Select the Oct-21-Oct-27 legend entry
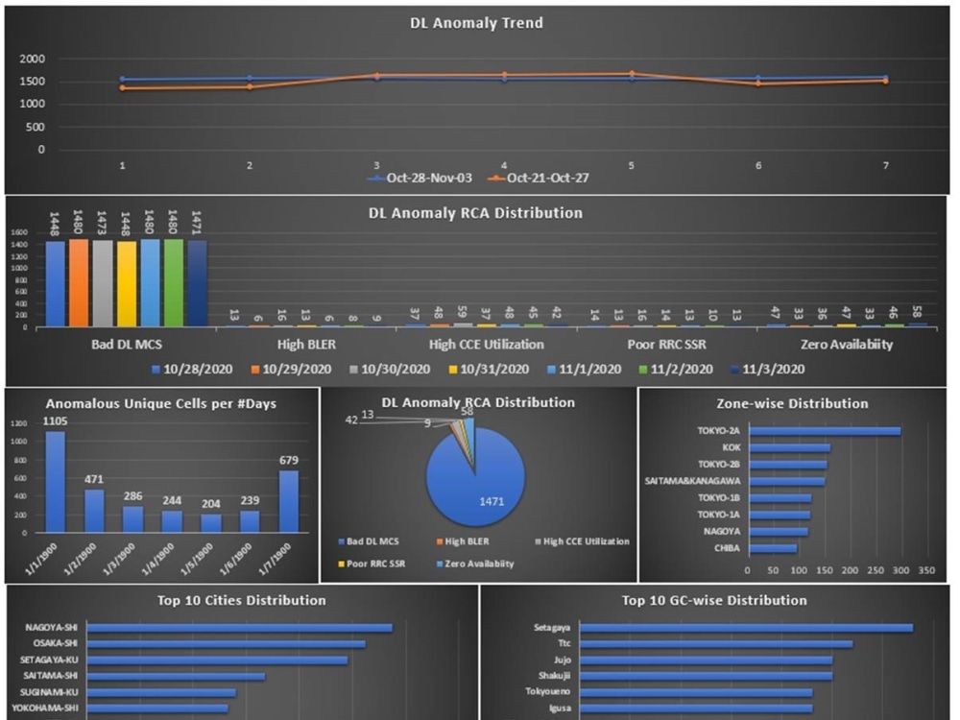click(538, 179)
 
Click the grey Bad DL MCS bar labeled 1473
click(102, 283)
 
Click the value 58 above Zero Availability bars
click(917, 312)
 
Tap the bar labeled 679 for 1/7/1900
click(288, 500)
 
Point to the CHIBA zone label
click(725, 548)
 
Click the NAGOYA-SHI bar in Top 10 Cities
click(241, 628)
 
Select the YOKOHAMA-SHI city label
click(47, 708)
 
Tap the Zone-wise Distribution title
click(792, 404)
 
